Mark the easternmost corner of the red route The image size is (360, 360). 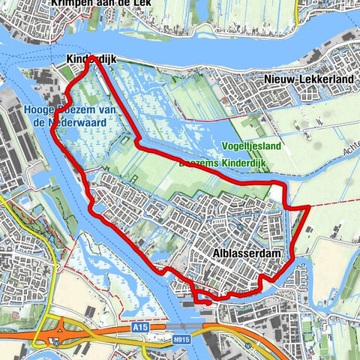coord(309,206)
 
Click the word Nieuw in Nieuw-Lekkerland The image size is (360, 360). coord(277,79)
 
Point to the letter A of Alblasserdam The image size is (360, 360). coord(216,254)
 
